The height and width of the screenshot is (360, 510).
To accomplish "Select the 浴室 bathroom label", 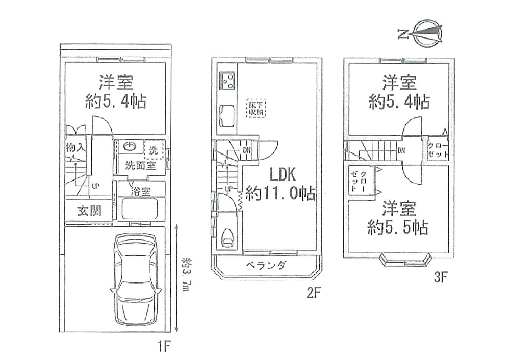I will tap(140, 192).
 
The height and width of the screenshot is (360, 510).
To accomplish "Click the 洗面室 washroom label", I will tap(140, 165).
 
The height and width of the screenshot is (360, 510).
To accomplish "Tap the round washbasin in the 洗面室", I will tap(131, 146).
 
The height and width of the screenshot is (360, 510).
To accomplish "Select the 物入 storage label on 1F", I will tap(75, 148).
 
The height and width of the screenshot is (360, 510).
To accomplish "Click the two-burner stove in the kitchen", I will tap(227, 80).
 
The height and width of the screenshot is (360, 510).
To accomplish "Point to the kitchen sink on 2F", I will tap(227, 114).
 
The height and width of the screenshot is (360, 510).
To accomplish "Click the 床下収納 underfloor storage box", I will tap(256, 108).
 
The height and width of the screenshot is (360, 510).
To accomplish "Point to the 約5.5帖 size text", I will tap(398, 227).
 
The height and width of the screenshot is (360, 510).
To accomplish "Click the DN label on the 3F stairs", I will tap(401, 150).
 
